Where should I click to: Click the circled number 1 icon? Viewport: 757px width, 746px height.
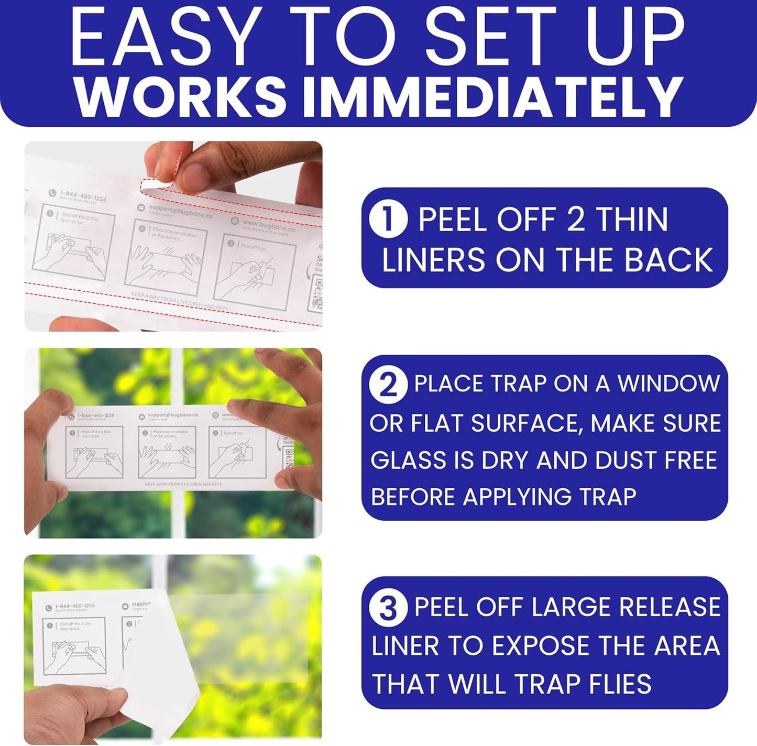pyautogui.click(x=388, y=219)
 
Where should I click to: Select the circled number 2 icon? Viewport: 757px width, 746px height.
pyautogui.click(x=388, y=385)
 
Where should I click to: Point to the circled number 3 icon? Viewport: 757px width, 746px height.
pyautogui.click(x=388, y=608)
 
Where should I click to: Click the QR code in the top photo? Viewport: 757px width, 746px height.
pyautogui.click(x=317, y=293)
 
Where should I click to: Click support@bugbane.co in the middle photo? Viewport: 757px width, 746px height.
pyautogui.click(x=172, y=415)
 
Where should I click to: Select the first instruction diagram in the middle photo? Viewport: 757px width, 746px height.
pyautogui.click(x=94, y=452)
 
